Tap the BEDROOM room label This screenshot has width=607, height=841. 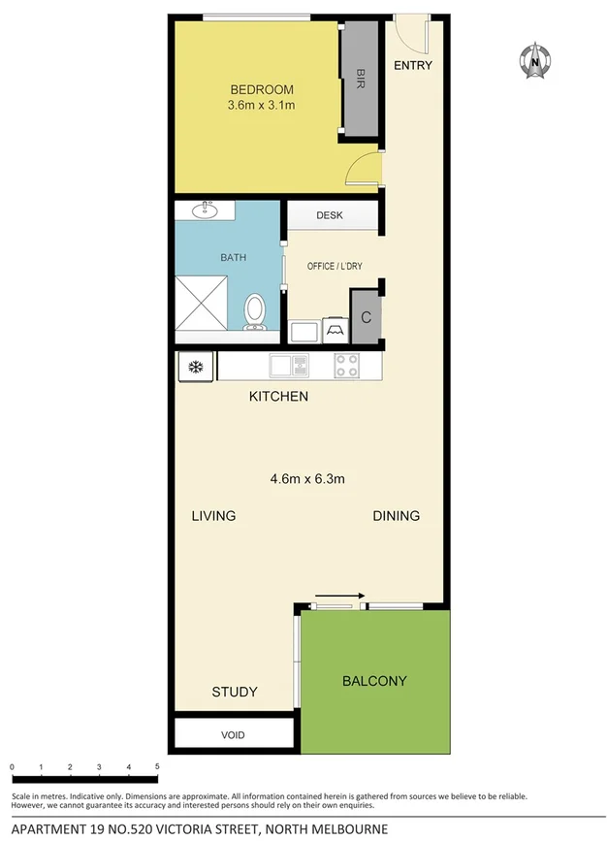(x=261, y=90)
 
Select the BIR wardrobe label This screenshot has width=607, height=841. (x=360, y=77)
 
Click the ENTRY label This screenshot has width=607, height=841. (x=412, y=66)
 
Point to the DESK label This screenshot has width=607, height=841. (x=331, y=216)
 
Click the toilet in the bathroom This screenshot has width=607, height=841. (x=255, y=310)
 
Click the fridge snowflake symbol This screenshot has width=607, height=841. (x=194, y=367)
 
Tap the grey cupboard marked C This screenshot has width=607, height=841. (x=366, y=317)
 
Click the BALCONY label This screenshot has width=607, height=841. (x=374, y=681)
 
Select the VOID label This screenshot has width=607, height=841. (x=233, y=734)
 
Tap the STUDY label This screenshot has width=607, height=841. (x=235, y=692)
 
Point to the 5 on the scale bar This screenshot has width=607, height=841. (x=157, y=767)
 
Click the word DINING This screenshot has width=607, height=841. (x=396, y=516)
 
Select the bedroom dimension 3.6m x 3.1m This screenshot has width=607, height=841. (x=261, y=105)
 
